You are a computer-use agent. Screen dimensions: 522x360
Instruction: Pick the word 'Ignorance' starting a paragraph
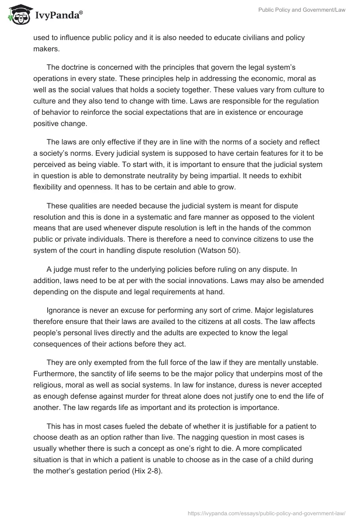point(63,310)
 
